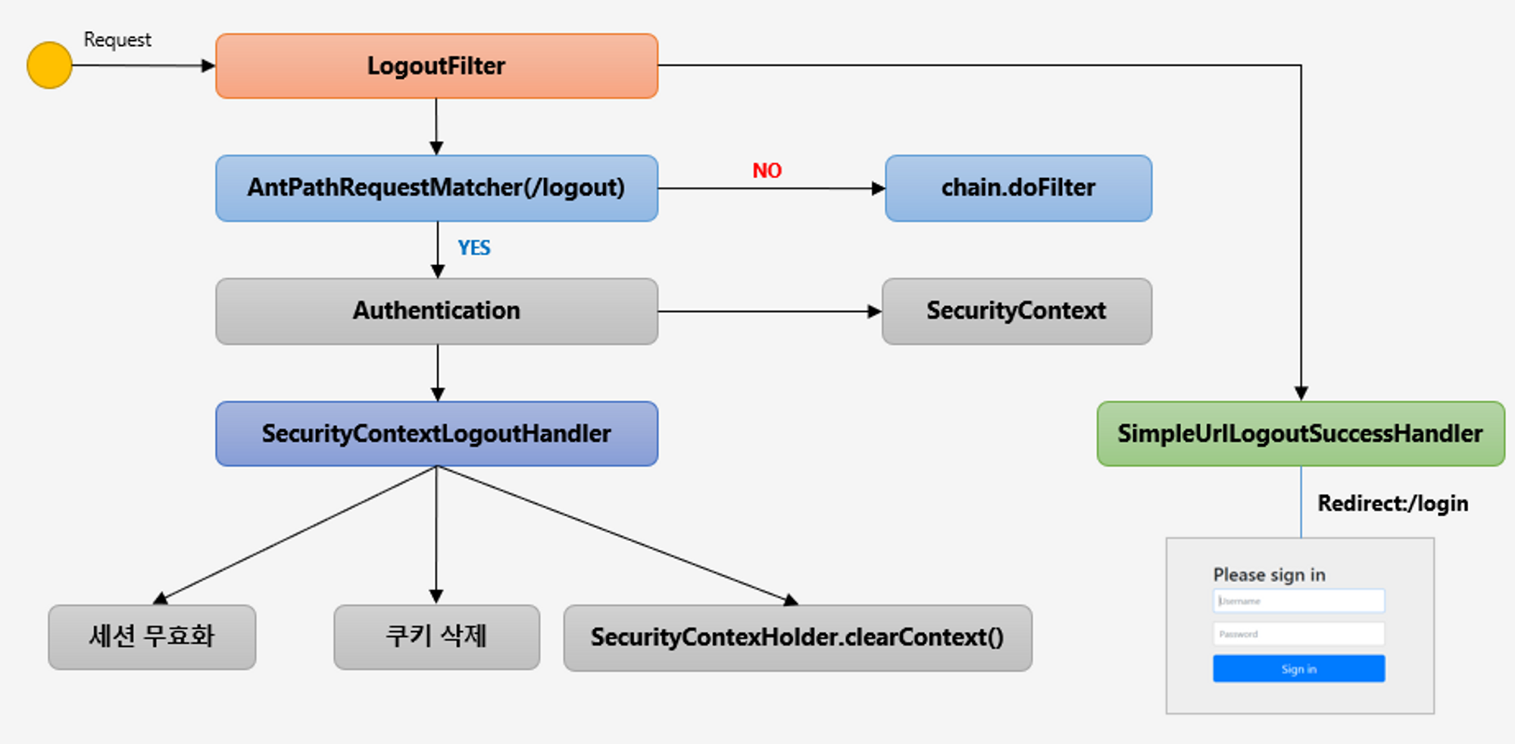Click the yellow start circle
point(49,65)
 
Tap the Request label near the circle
point(117,39)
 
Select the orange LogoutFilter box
point(436,66)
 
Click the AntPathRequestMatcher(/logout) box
point(436,188)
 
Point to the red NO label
point(767,170)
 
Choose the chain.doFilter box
point(1018,188)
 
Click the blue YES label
point(474,248)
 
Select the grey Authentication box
point(436,311)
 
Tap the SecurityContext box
point(1017,311)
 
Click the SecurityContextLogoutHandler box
point(436,433)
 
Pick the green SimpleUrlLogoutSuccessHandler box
point(1300,433)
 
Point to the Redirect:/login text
point(1392,504)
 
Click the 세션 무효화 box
point(151,636)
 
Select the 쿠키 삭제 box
point(436,636)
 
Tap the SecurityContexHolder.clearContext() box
point(797,637)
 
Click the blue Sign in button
point(1298,669)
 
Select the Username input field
point(1298,601)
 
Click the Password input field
point(1298,633)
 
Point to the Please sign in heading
point(1269,575)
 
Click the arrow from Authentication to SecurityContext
point(769,311)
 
